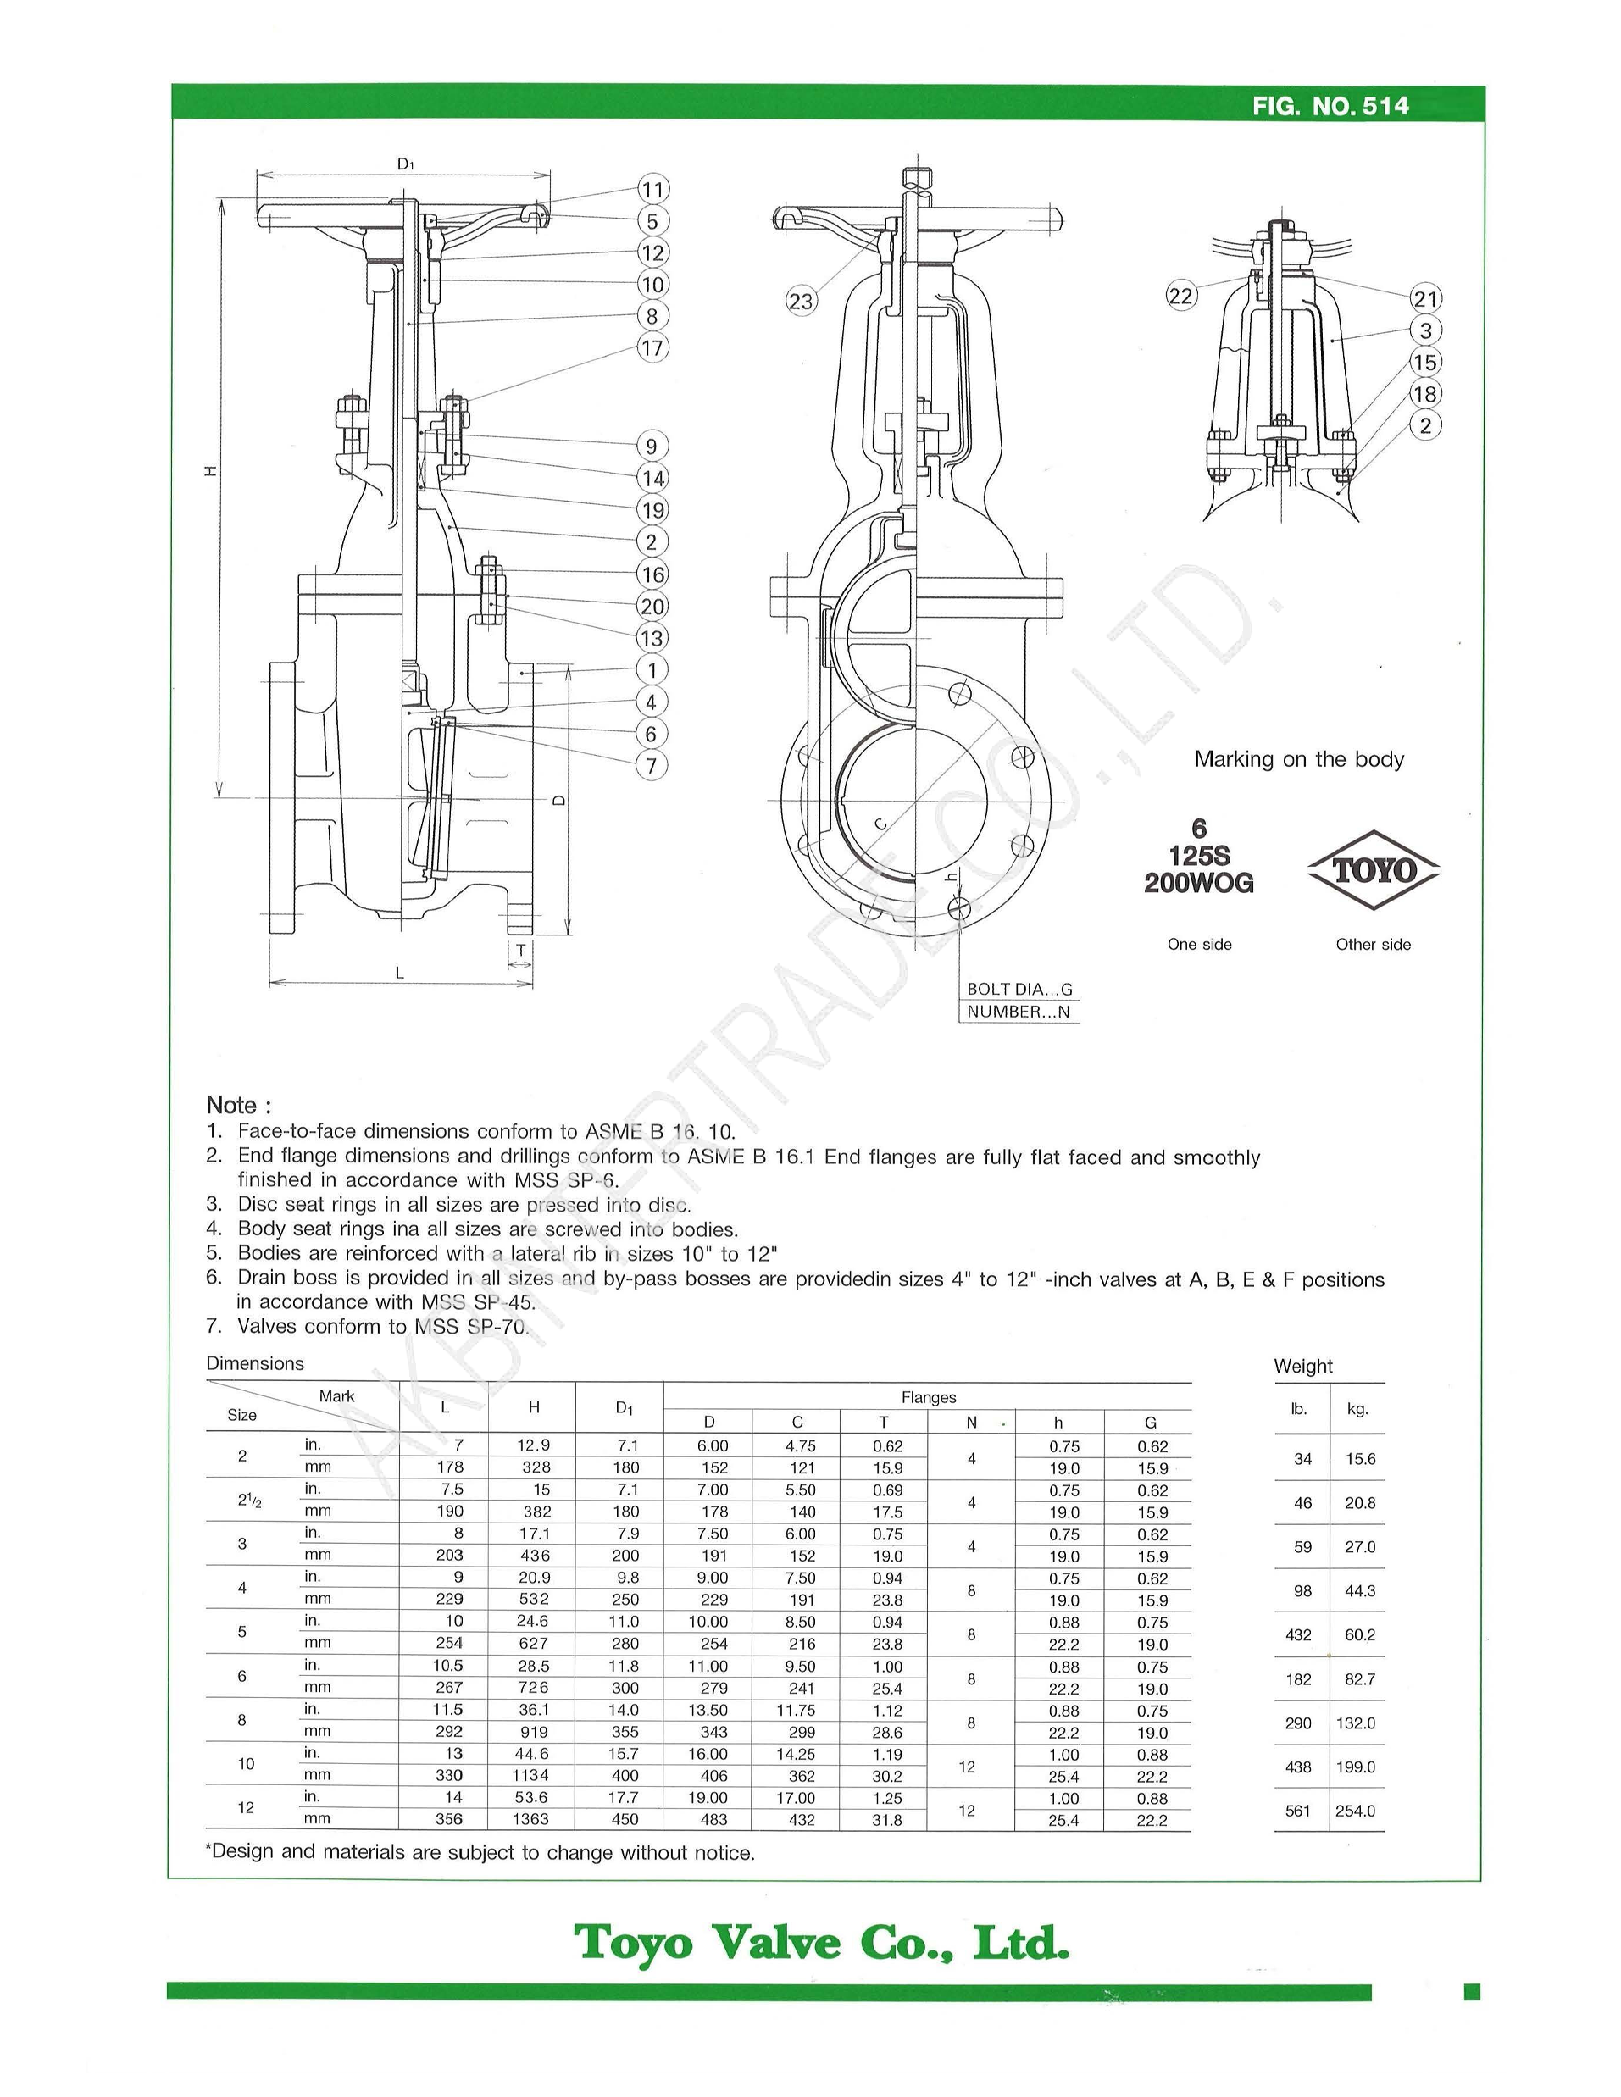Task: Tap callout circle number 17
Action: [652, 347]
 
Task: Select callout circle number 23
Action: [800, 302]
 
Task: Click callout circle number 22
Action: [1180, 295]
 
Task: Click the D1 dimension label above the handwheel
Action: [405, 164]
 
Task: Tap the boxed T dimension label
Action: [520, 951]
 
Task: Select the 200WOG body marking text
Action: [1197, 884]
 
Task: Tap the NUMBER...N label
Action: [1018, 1011]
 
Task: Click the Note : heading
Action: [239, 1104]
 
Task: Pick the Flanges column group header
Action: [928, 1397]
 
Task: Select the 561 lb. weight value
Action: [1297, 1811]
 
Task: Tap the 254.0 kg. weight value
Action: [1355, 1811]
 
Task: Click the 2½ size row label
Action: [247, 1500]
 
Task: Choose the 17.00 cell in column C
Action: [797, 1797]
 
